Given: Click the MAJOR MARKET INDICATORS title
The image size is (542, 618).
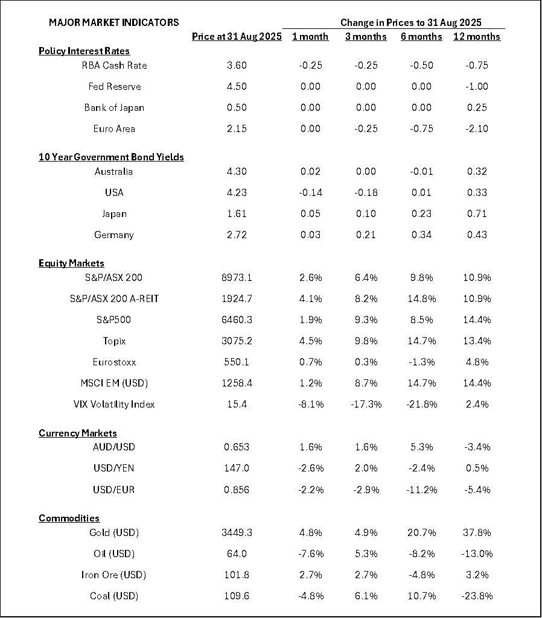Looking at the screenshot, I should [x=113, y=22].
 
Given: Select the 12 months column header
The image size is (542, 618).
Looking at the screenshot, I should [x=476, y=37].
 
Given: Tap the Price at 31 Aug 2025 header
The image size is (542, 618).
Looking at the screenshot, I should [x=237, y=37].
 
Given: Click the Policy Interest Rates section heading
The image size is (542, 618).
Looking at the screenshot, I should [x=84, y=51].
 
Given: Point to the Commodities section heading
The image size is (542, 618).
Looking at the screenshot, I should [x=69, y=519].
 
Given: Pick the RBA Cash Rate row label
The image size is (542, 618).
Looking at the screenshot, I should [x=114, y=65].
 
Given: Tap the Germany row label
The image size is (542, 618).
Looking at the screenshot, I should [x=114, y=235].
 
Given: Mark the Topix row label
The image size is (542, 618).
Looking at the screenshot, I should [x=114, y=341].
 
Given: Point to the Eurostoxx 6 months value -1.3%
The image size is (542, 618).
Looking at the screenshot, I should [x=421, y=362].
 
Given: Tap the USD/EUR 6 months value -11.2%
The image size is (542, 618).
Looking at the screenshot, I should [x=421, y=489].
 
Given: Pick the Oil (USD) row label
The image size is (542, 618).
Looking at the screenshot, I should [x=114, y=553].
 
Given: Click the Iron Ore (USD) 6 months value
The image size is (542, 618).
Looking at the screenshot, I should [x=421, y=575].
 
